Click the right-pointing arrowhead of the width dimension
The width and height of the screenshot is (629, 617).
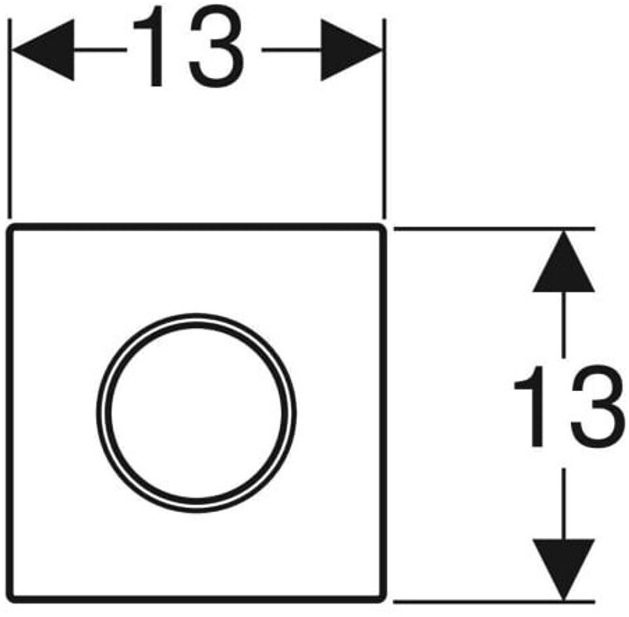tap(351, 50)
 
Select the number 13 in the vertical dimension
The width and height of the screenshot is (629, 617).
tap(567, 407)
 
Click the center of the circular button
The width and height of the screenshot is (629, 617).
tap(196, 414)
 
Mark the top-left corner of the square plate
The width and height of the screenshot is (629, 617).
tap(10, 227)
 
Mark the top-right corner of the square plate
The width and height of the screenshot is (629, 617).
tap(382, 227)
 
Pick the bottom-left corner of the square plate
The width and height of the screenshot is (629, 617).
tap(10, 599)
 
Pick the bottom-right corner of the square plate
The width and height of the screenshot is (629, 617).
tap(382, 599)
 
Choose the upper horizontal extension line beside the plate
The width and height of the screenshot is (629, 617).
tap(491, 229)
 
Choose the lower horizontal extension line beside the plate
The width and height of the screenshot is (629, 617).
tap(491, 600)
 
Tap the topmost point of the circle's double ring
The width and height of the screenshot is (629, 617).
tap(196, 316)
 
